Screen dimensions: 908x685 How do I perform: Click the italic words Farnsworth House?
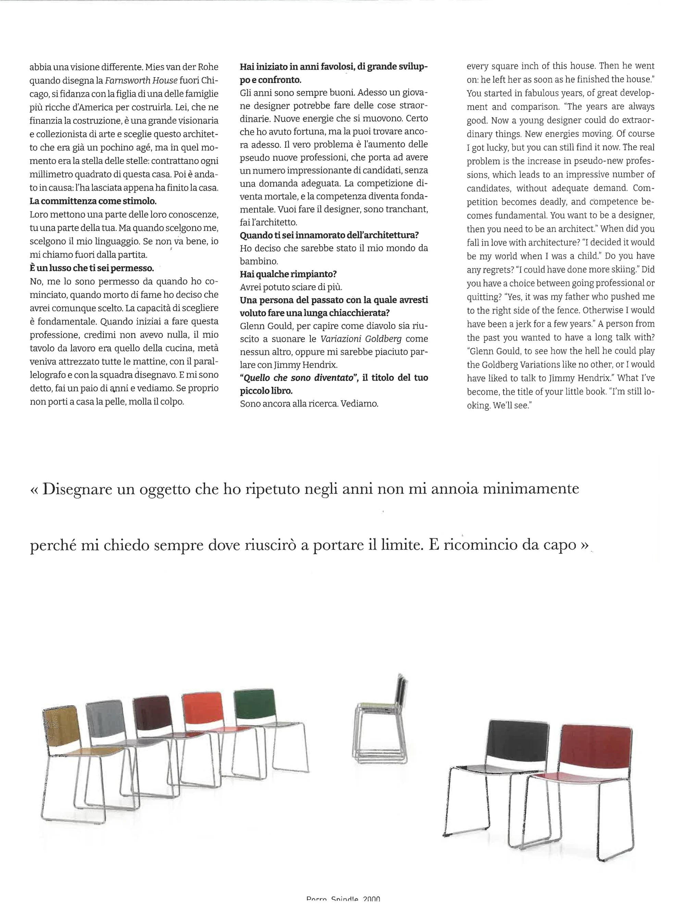141,81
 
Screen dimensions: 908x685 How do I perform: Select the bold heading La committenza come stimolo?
93,201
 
